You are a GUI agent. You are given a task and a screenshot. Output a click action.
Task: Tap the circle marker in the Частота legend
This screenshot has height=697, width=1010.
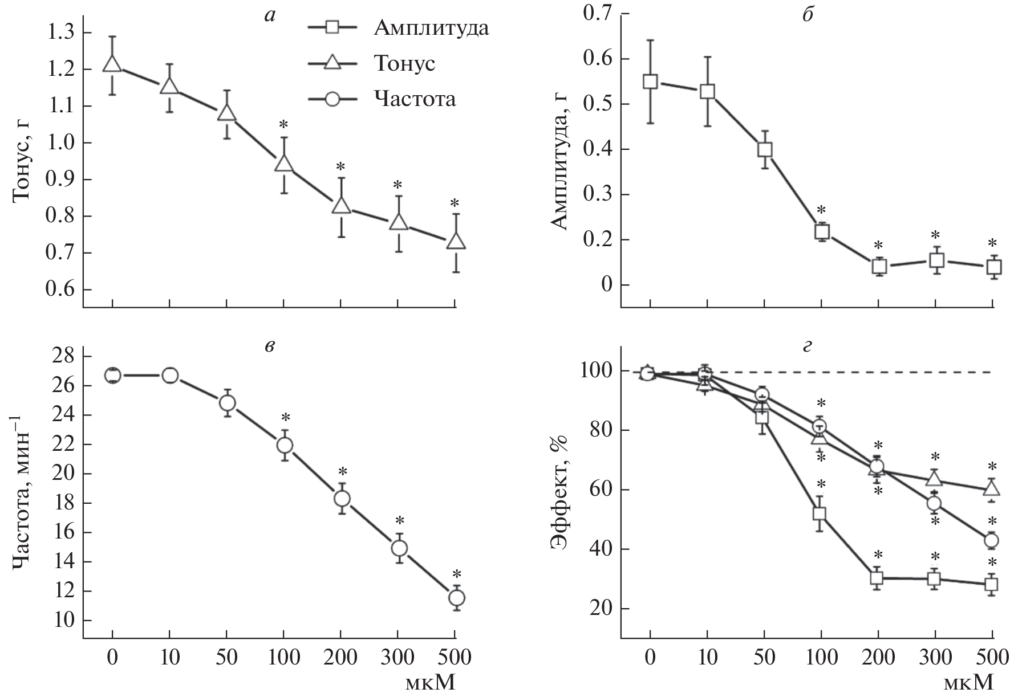(x=332, y=99)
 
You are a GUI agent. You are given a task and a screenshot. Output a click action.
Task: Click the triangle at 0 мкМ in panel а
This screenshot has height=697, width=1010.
(x=112, y=63)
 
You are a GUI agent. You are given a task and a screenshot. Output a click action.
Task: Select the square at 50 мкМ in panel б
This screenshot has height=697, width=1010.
(x=764, y=149)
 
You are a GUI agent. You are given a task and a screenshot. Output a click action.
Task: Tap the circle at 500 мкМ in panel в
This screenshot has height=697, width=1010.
(x=456, y=597)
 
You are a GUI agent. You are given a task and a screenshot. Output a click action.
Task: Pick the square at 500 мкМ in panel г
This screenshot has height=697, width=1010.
(x=992, y=584)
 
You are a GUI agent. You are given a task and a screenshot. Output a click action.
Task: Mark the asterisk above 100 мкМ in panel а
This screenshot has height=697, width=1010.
(x=283, y=124)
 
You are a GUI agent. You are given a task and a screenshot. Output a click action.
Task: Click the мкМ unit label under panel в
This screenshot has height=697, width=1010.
(x=430, y=683)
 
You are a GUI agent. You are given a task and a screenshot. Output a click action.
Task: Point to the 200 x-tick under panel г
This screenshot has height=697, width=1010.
(x=878, y=658)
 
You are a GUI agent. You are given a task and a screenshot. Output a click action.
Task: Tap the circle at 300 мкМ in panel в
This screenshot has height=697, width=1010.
(x=399, y=548)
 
